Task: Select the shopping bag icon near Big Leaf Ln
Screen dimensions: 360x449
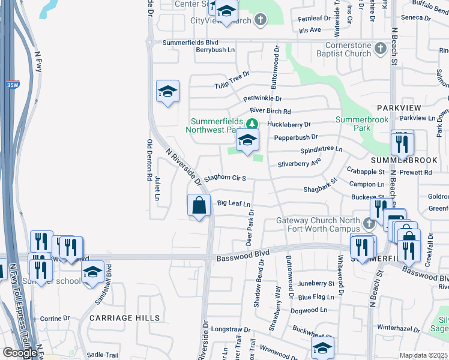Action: [199, 206]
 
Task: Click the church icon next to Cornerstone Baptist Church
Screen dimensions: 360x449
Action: [380, 47]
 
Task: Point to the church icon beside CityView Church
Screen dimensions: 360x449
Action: [260, 20]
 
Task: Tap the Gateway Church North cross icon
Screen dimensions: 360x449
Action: [369, 223]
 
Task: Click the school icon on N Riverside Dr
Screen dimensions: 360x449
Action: [167, 92]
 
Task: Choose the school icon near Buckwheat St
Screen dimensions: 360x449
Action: [322, 348]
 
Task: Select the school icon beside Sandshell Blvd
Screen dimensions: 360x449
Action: [92, 273]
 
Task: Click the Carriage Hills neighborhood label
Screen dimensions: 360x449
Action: [125, 317]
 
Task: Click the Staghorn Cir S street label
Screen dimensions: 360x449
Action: [225, 178]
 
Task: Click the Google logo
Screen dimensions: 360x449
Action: [20, 353]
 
